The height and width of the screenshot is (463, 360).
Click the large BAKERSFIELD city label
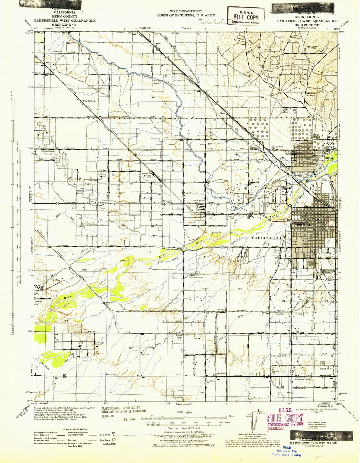coord(267,238)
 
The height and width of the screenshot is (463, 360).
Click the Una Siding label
coord(89,101)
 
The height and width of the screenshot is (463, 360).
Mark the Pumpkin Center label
coord(303,379)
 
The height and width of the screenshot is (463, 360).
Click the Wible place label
coord(307,307)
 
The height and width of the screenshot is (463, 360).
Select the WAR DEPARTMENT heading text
coord(186,11)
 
